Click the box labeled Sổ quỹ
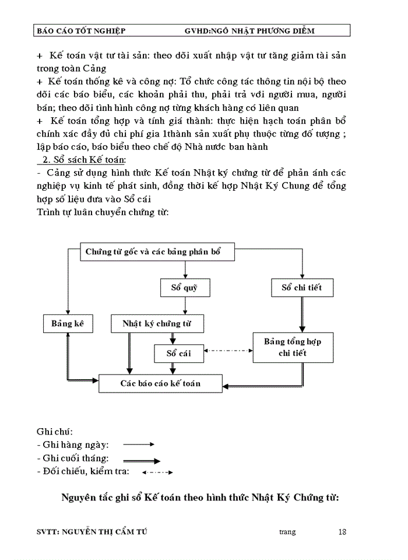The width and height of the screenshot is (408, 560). click(x=185, y=288)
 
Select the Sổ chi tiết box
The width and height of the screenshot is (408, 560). click(x=302, y=288)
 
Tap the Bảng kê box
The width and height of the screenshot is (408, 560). click(x=68, y=324)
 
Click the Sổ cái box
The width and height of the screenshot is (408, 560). click(x=180, y=353)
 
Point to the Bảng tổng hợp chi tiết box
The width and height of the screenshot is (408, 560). click(x=293, y=347)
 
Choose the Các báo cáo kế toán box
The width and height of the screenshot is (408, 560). click(x=160, y=383)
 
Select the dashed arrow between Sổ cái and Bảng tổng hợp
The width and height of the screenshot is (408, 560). click(x=229, y=351)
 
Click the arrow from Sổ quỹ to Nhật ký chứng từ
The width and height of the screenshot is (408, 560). click(x=185, y=306)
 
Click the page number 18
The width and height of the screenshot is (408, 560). click(x=342, y=531)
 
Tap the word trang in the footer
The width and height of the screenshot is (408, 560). click(x=288, y=532)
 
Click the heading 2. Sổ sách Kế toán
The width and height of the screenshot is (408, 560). click(x=84, y=159)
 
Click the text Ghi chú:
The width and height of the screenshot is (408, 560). click(x=54, y=432)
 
